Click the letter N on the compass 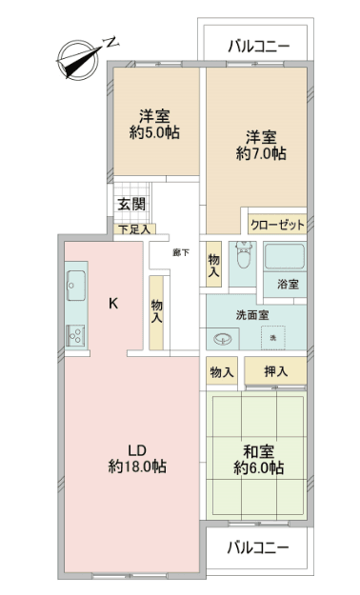[x=111, y=42]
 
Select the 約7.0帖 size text [x=261, y=151]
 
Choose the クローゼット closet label [x=276, y=226]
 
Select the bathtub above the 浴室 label [x=283, y=258]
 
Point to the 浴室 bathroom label [x=288, y=284]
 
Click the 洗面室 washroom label [x=250, y=316]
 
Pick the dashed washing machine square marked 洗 [x=273, y=338]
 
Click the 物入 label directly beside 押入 [x=221, y=372]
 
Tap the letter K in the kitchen [x=112, y=305]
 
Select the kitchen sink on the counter [x=76, y=284]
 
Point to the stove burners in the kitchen [x=76, y=335]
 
